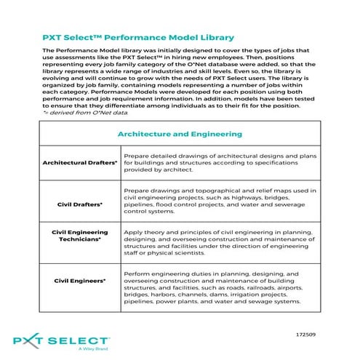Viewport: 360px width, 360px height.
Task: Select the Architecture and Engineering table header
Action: click(179, 134)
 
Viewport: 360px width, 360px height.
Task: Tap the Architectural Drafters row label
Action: click(80, 163)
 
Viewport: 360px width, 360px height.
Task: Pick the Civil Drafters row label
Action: click(80, 204)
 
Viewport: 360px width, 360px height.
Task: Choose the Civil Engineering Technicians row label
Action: click(80, 235)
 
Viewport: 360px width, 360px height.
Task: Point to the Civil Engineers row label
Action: click(80, 280)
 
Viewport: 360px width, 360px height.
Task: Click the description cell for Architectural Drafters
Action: click(220, 163)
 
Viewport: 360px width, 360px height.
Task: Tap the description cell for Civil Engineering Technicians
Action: click(220, 242)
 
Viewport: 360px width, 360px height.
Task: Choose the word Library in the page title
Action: click(216, 36)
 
